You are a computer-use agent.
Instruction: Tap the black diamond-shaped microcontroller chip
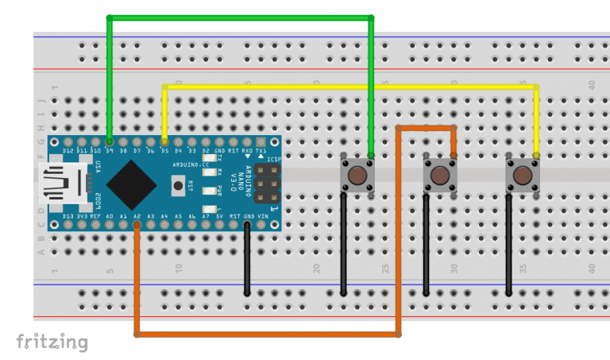tap(131, 183)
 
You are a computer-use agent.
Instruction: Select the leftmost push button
tap(357, 175)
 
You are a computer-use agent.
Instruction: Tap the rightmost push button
tap(522, 175)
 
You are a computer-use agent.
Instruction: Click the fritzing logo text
tap(52, 342)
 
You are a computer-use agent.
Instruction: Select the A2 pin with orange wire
tap(137, 225)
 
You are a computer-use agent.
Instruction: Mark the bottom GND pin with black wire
tap(248, 225)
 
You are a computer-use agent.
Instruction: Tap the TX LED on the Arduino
tap(208, 159)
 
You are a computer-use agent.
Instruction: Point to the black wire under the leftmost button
tap(343, 246)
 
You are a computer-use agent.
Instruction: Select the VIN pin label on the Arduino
tap(262, 216)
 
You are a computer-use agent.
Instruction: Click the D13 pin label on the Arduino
tap(68, 216)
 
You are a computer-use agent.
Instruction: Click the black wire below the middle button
tap(427, 246)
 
